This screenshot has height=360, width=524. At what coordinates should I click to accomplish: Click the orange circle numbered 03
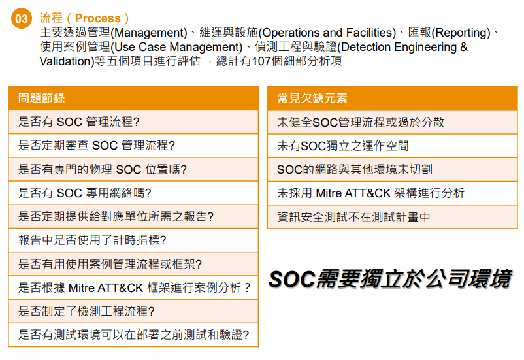(22, 18)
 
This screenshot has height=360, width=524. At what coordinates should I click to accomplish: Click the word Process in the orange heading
(97, 18)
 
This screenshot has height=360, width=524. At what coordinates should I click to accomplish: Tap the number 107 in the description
(261, 61)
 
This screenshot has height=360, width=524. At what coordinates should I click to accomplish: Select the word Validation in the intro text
(66, 61)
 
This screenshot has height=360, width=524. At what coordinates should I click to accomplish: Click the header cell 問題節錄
(133, 98)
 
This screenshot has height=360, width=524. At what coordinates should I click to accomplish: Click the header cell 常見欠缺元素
(392, 98)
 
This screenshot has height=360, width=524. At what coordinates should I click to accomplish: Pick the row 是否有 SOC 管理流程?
(133, 122)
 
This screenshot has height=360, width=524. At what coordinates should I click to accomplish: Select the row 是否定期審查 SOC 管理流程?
(133, 146)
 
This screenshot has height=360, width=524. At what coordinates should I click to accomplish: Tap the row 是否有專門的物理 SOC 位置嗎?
(133, 169)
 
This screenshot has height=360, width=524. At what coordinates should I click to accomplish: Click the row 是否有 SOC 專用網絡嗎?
(133, 193)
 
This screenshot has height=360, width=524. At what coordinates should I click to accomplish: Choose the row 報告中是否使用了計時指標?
(133, 240)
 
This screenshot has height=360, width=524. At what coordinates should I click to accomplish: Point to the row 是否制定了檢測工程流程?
(133, 312)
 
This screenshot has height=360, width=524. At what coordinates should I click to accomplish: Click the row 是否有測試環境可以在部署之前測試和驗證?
(133, 335)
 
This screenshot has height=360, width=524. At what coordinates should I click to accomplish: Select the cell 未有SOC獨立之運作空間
(392, 146)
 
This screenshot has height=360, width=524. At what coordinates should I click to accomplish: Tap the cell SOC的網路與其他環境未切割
(392, 170)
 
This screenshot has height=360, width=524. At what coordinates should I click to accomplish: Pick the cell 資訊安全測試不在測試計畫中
(392, 218)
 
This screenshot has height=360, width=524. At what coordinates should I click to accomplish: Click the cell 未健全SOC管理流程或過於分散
(392, 122)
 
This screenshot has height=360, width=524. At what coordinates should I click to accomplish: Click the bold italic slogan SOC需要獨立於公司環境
(390, 279)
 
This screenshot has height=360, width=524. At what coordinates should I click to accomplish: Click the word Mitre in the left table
(82, 287)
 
